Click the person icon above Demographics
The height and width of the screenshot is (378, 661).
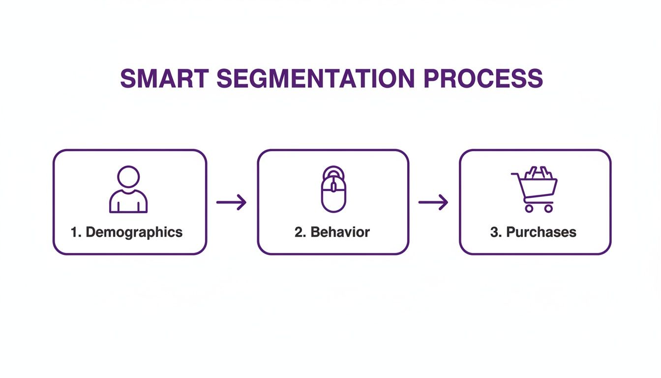pyautogui.click(x=128, y=189)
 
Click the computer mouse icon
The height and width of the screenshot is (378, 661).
pyautogui.click(x=333, y=189)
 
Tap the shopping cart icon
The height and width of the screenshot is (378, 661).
pyautogui.click(x=535, y=189)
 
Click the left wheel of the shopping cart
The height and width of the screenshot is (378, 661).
pyautogui.click(x=529, y=209)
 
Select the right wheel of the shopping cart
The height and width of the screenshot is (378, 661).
pyautogui.click(x=548, y=209)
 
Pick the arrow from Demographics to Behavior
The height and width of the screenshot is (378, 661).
pyautogui.click(x=231, y=202)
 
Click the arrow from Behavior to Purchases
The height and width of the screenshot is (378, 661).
pyautogui.click(x=433, y=202)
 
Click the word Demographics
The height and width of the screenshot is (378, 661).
pyautogui.click(x=134, y=232)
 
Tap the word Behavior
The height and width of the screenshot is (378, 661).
pyautogui.click(x=340, y=232)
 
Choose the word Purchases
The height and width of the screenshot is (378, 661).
pyautogui.click(x=541, y=232)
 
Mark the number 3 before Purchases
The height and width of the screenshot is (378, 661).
pyautogui.click(x=495, y=232)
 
